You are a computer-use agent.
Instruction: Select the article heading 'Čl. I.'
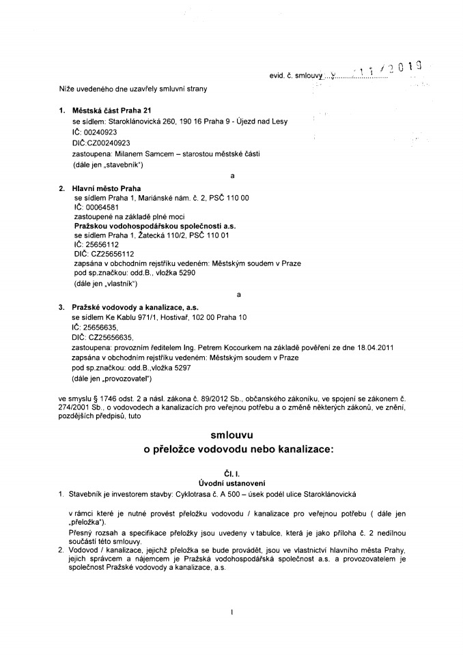(x=231, y=472)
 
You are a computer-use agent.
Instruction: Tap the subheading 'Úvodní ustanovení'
(x=231, y=482)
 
